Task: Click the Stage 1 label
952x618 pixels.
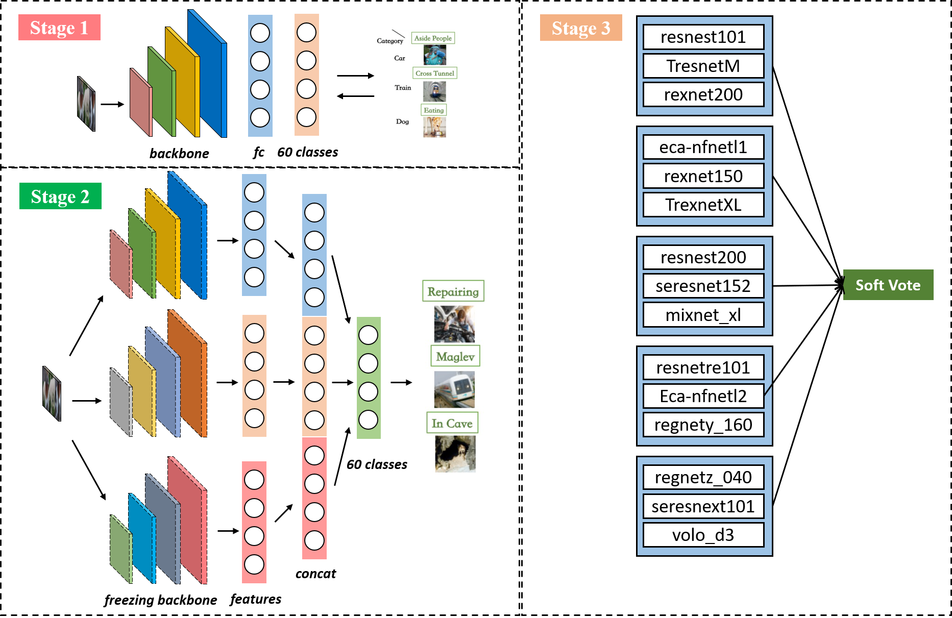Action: pyautogui.click(x=59, y=28)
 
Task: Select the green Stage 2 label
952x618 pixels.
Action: pyautogui.click(x=60, y=196)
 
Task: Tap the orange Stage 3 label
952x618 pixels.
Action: pyautogui.click(x=581, y=28)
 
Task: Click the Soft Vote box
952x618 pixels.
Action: pyautogui.click(x=888, y=285)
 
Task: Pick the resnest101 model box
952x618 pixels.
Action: pyautogui.click(x=703, y=37)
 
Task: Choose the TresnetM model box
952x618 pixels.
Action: pyautogui.click(x=703, y=66)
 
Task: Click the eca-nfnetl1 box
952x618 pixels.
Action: pyautogui.click(x=703, y=147)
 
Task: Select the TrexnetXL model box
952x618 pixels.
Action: pyautogui.click(x=703, y=205)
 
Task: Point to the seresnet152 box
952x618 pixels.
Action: pyautogui.click(x=703, y=286)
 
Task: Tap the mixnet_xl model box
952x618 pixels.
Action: pyautogui.click(x=703, y=315)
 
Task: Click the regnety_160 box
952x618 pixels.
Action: pyautogui.click(x=703, y=425)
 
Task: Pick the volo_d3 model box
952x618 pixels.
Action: pyautogui.click(x=703, y=535)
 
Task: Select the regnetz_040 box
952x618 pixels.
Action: pyautogui.click(x=703, y=478)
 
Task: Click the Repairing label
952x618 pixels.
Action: pyautogui.click(x=453, y=291)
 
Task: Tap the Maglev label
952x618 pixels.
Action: pyautogui.click(x=455, y=356)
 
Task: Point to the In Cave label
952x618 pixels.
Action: pyautogui.click(x=452, y=423)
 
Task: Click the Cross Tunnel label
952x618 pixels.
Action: pyautogui.click(x=434, y=73)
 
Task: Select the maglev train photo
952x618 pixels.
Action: pyautogui.click(x=454, y=389)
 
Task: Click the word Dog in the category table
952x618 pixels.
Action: pyautogui.click(x=402, y=121)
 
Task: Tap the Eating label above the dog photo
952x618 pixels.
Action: pyautogui.click(x=433, y=110)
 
